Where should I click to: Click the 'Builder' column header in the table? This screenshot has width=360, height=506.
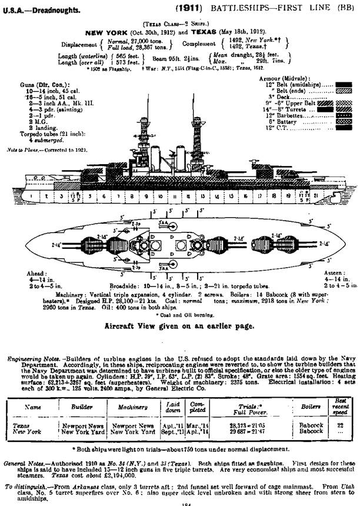click(82, 407)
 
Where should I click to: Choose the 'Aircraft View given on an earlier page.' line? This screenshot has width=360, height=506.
click(179, 325)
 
